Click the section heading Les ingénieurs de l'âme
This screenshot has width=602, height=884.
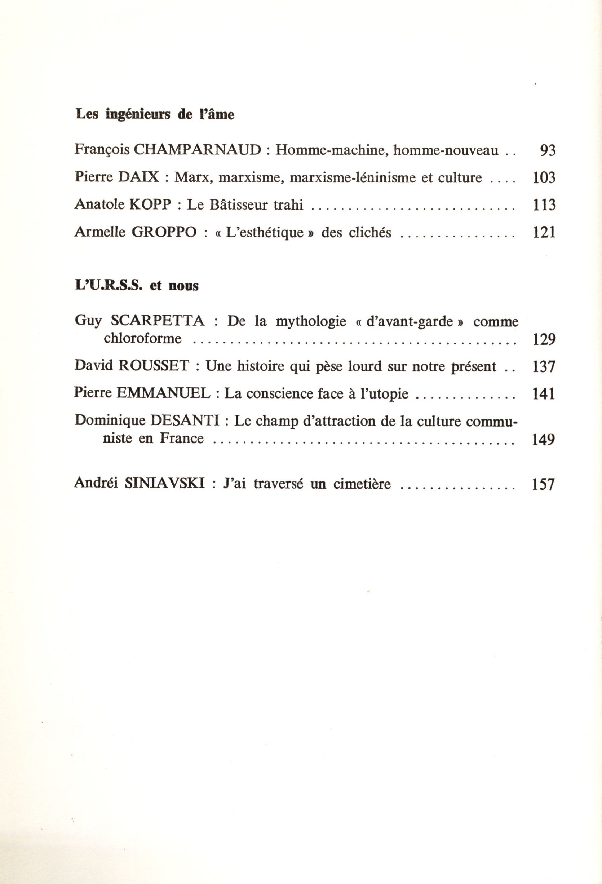point(155,114)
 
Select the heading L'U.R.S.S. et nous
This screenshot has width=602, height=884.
point(137,286)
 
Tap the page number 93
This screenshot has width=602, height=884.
point(548,151)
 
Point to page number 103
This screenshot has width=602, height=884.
point(544,178)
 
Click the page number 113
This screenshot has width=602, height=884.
point(544,205)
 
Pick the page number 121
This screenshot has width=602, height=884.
point(544,232)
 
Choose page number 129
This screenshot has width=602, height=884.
point(544,339)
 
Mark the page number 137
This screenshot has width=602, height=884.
point(544,367)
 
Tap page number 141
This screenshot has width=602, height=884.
point(544,394)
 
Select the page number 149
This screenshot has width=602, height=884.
point(544,439)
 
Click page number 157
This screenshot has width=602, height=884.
point(544,485)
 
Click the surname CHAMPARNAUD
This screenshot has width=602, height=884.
point(198,150)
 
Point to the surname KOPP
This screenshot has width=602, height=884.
point(151,204)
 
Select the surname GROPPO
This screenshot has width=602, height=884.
point(164,232)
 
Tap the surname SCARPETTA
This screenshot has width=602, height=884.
point(158,321)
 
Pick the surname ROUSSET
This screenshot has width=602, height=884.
point(154,366)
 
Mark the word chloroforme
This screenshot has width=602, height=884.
point(143,338)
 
